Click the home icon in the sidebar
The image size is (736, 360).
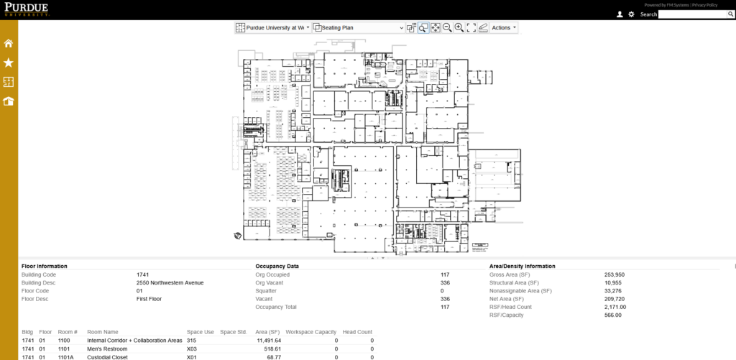click(9, 43)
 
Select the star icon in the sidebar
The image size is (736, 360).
click(9, 63)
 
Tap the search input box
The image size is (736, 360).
click(695, 14)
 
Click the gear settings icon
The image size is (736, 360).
click(631, 14)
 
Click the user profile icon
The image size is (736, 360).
click(620, 14)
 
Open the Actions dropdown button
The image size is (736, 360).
click(504, 28)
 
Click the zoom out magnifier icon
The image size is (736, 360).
click(447, 28)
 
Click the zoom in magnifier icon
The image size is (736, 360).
click(459, 28)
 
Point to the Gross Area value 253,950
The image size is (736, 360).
click(615, 274)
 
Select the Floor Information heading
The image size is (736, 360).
click(45, 266)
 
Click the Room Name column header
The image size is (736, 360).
click(103, 332)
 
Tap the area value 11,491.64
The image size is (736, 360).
click(265, 340)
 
